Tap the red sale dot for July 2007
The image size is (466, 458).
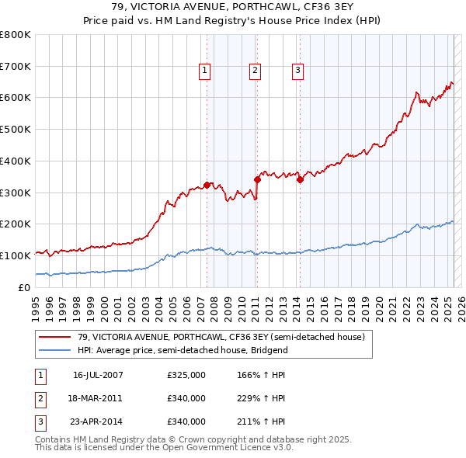click(207, 185)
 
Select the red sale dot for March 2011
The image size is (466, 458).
click(257, 179)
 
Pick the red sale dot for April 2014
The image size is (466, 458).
click(300, 179)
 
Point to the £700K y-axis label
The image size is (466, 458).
click(16, 66)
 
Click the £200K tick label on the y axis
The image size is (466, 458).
click(16, 224)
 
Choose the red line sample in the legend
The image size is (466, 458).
click(55, 338)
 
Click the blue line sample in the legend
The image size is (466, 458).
click(55, 350)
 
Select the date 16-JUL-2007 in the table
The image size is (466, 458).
click(98, 375)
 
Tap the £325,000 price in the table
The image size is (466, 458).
click(186, 375)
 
